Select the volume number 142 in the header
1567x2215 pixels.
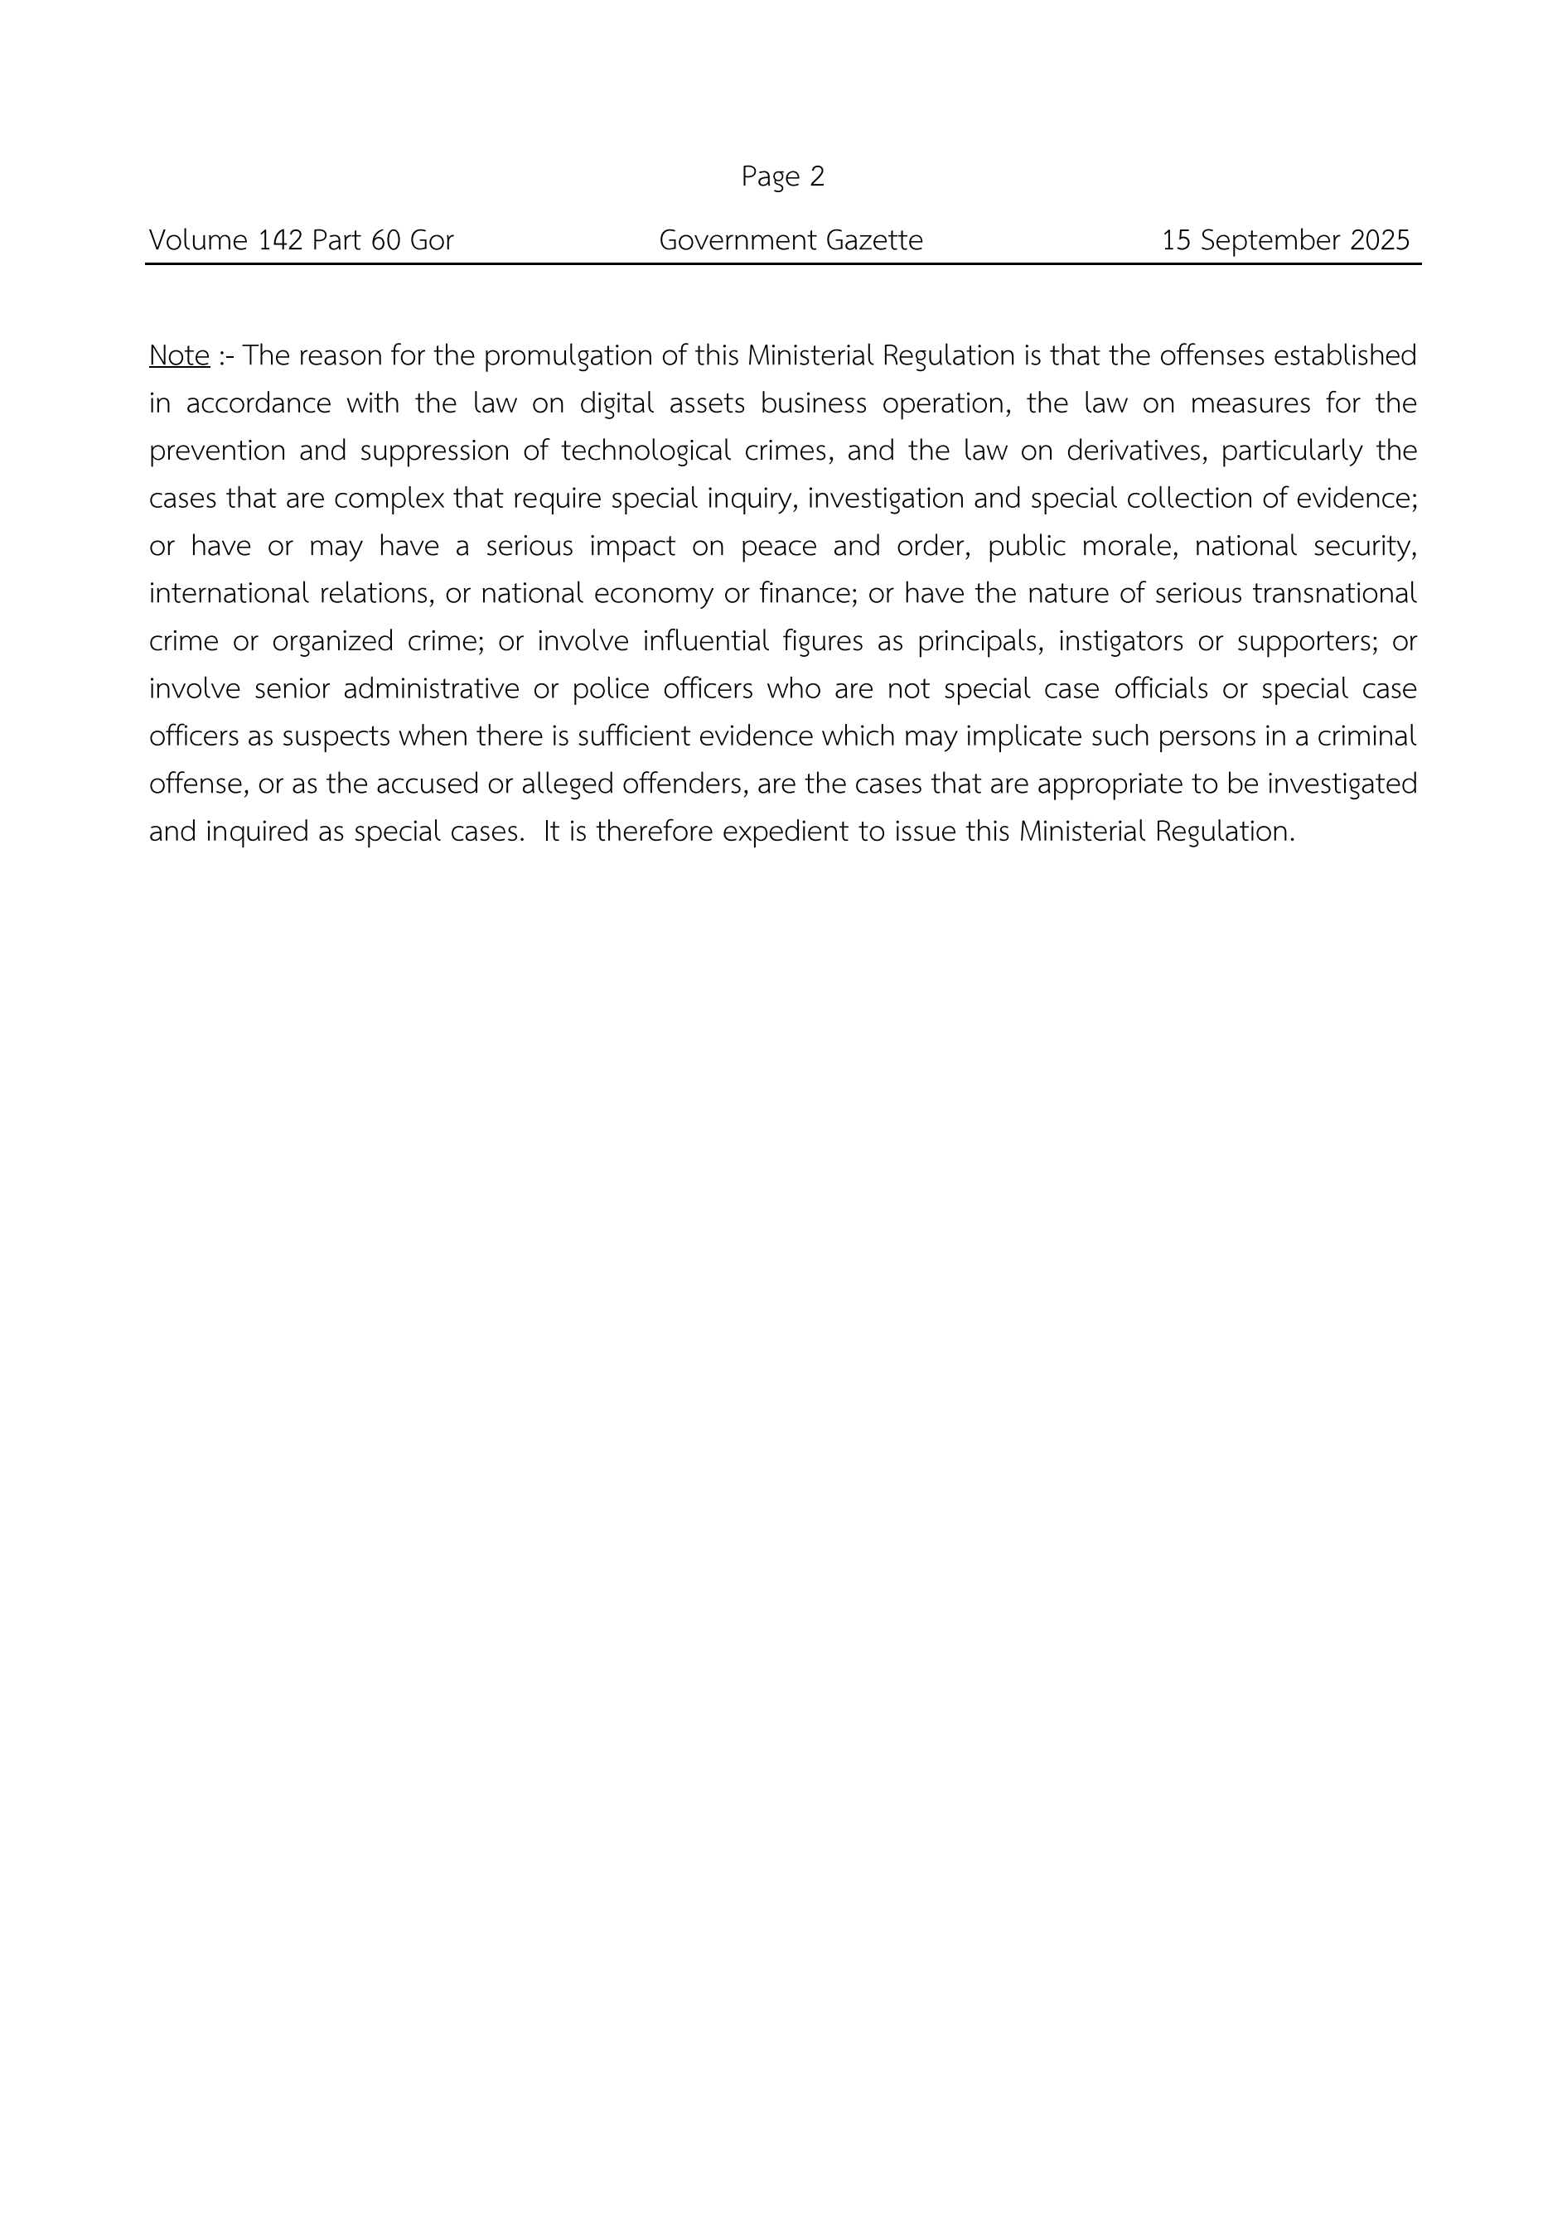point(280,240)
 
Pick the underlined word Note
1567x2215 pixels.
point(180,356)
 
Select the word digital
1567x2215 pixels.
point(616,403)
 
